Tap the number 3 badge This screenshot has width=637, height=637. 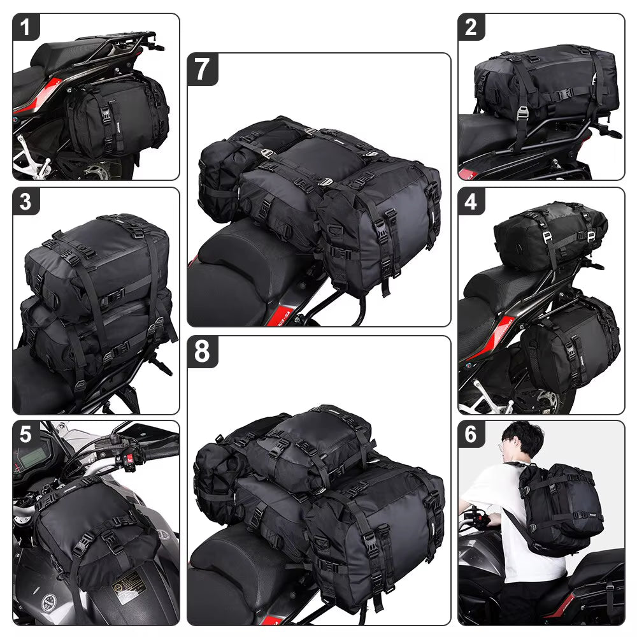pos(26,201)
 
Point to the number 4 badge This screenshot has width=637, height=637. pos(471,201)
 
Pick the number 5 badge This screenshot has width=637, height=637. pos(26,434)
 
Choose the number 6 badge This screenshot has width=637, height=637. pos(471,434)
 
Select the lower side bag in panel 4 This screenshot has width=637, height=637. pos(570,344)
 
